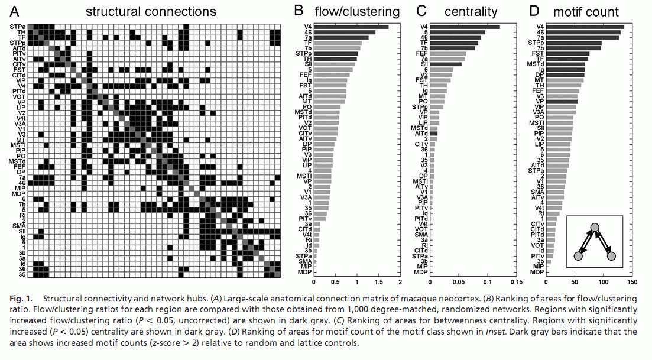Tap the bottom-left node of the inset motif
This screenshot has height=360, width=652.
pos(579,256)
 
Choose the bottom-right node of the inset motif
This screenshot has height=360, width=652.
pos(612,256)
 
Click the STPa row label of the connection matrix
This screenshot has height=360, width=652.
pos(17,27)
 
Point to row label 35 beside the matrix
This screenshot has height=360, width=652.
pos(22,274)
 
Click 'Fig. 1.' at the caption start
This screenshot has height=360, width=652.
pos(21,299)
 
